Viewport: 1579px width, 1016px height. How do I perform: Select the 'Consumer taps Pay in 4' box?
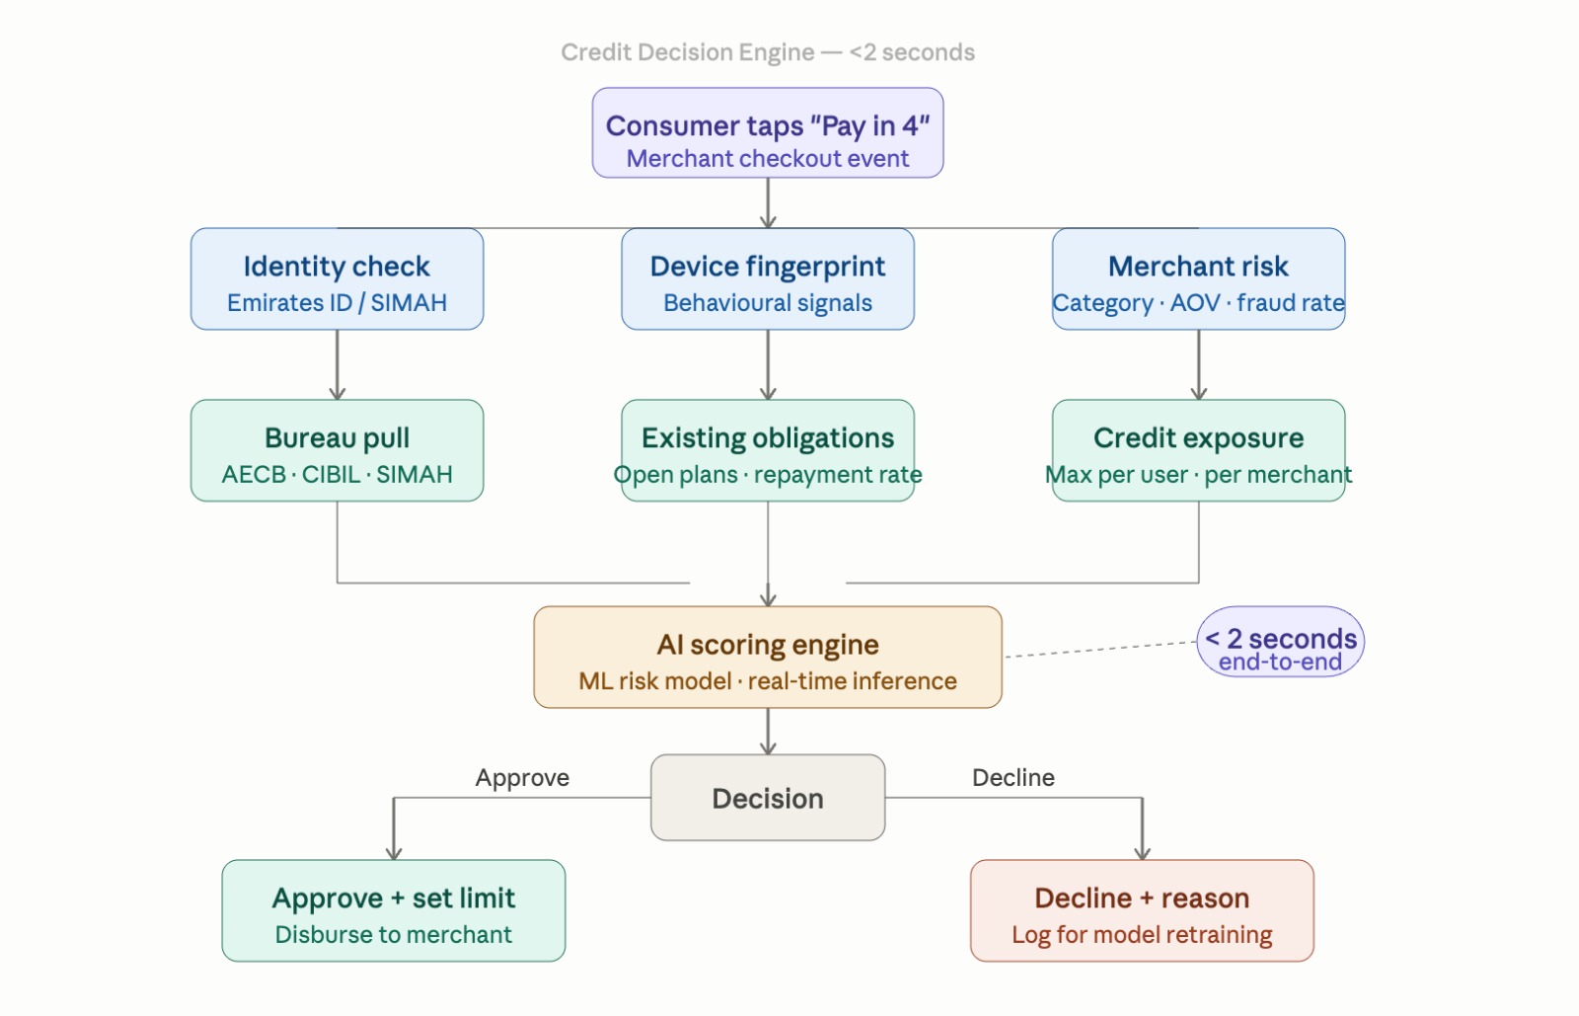coord(768,133)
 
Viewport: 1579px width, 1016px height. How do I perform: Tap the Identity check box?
coord(337,279)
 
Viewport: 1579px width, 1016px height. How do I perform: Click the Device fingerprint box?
coord(768,279)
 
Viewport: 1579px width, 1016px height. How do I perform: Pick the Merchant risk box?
coord(1198,279)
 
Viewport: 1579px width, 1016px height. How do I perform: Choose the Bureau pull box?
coord(337,450)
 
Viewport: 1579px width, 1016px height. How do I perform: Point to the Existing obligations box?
coord(768,450)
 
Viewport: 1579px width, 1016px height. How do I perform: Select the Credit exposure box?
coord(1198,450)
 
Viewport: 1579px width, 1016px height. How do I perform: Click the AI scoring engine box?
coord(768,658)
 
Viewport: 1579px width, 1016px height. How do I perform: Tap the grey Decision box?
coord(768,798)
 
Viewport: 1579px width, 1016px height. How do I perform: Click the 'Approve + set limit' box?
coord(394,910)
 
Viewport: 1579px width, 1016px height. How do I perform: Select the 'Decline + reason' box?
coord(1142,910)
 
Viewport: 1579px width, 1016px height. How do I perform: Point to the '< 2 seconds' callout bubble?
coord(1280,642)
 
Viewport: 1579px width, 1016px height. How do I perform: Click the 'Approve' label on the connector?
coord(522,778)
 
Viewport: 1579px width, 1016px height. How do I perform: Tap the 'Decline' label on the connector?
coord(1014,778)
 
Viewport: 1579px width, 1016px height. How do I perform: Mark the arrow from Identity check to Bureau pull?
coord(338,364)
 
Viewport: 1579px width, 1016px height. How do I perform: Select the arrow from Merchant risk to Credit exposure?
coord(1199,364)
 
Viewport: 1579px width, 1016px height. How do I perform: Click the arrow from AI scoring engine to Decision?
coord(768,731)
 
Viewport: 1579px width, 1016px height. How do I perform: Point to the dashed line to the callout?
coord(1100,650)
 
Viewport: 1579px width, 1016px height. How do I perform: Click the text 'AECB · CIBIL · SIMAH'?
coord(337,475)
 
